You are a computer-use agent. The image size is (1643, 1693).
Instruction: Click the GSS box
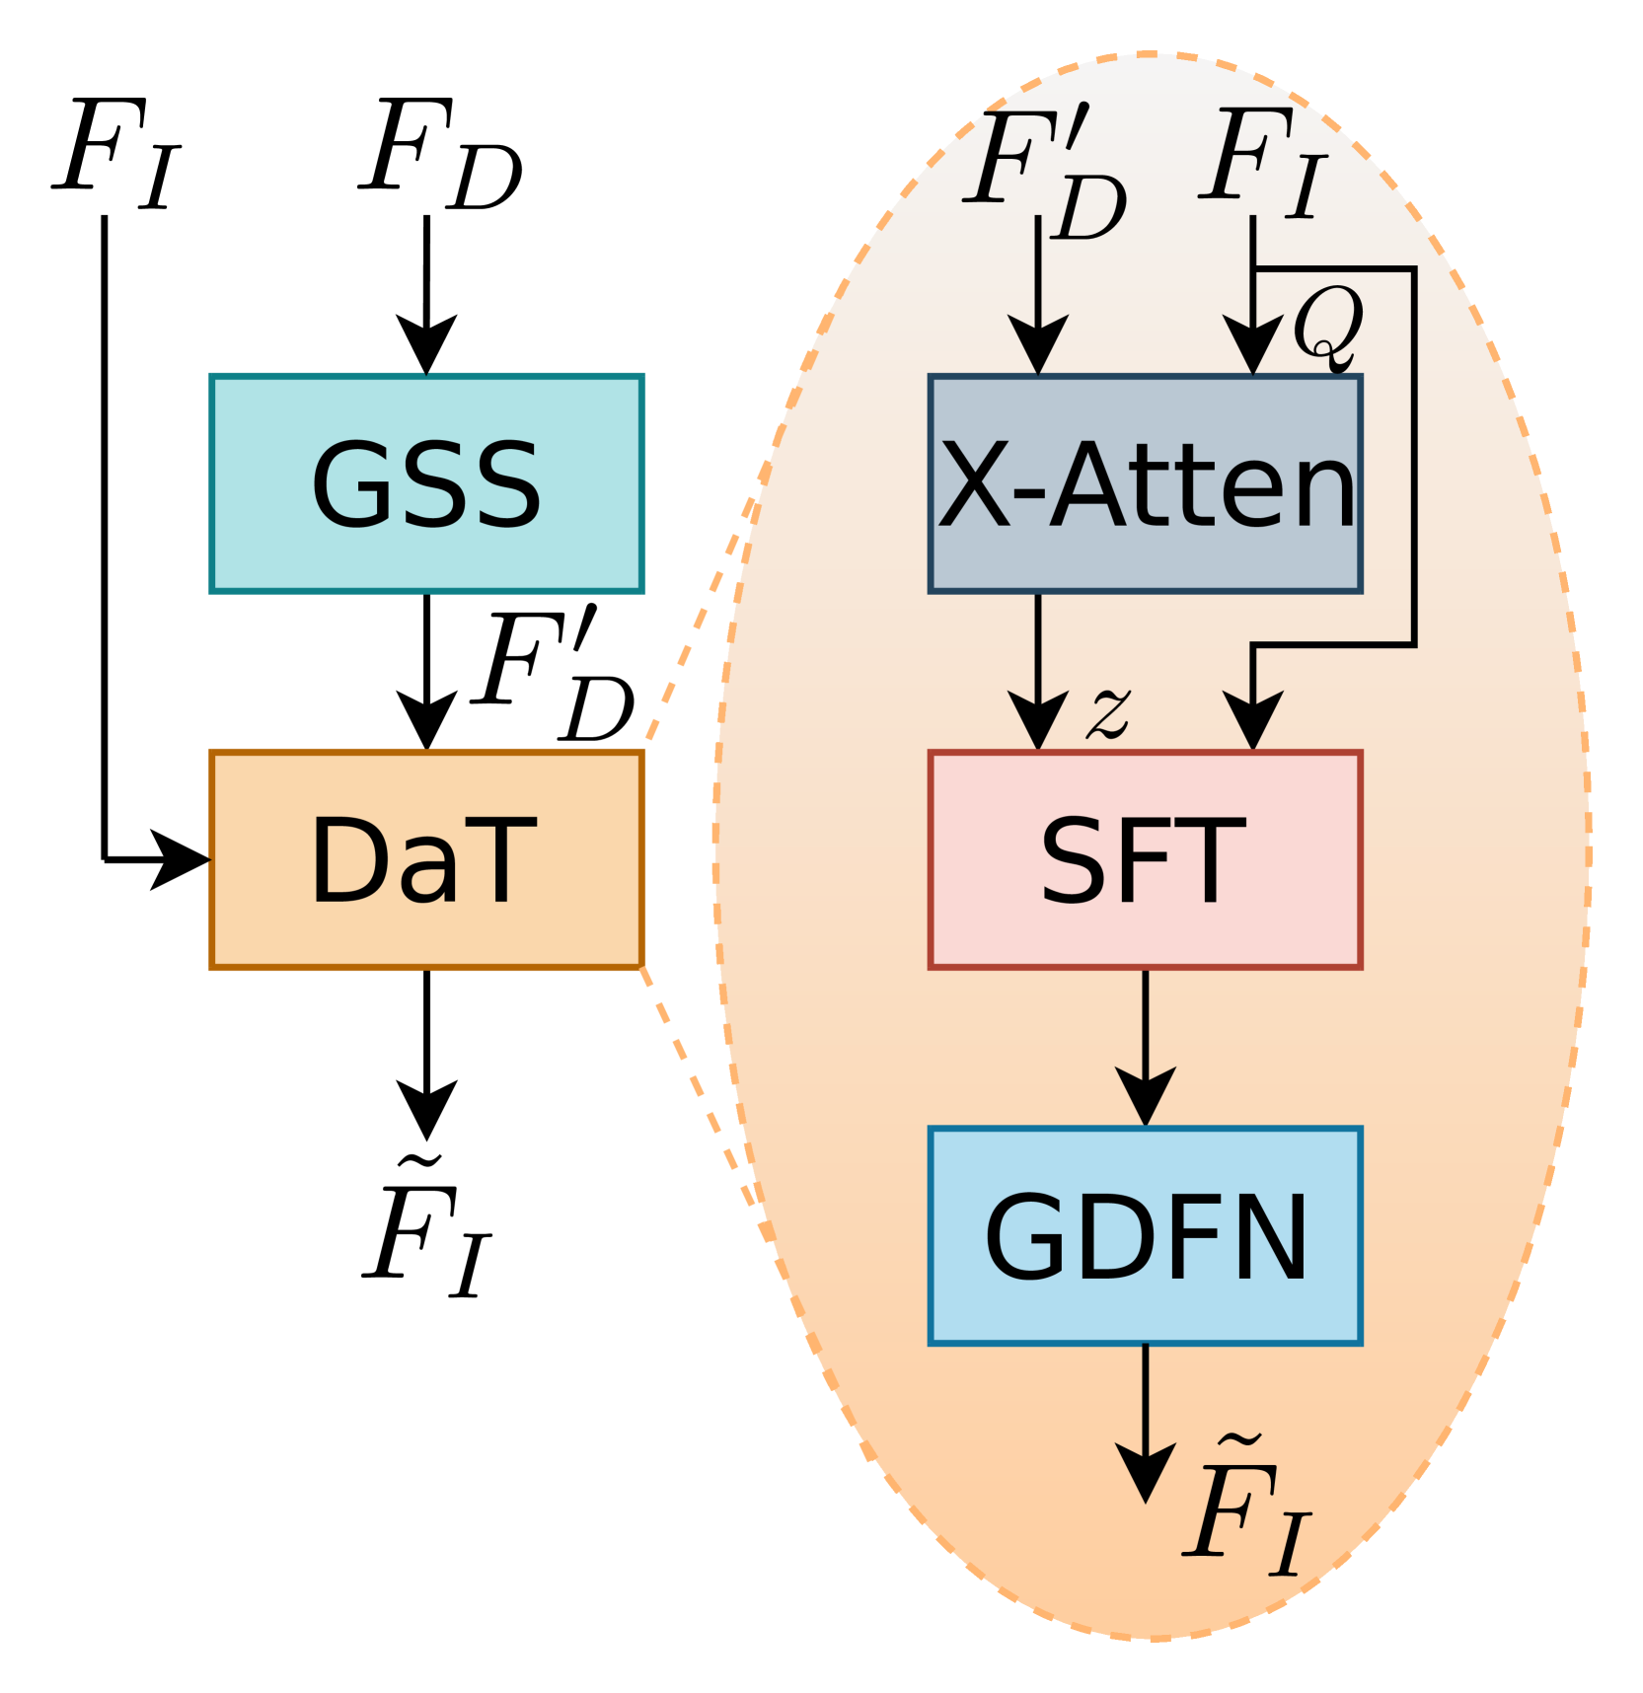[426, 483]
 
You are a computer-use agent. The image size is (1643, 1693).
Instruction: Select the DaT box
[426, 859]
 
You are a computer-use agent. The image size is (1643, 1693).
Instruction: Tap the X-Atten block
[1145, 483]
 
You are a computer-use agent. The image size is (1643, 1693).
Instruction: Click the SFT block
[1145, 859]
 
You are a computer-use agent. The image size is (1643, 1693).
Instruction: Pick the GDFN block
[1145, 1235]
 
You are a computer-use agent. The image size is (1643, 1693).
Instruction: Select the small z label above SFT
[1108, 712]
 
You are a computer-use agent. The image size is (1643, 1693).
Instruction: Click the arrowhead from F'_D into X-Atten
[1038, 345]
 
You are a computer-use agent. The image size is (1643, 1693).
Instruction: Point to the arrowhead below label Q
[1252, 345]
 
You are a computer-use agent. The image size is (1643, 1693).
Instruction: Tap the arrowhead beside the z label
[1038, 720]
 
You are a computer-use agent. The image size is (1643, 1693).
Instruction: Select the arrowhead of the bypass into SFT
[1252, 720]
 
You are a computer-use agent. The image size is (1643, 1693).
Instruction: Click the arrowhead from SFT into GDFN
[1145, 1095]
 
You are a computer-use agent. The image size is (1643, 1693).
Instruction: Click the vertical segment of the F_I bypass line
[1414, 454]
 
